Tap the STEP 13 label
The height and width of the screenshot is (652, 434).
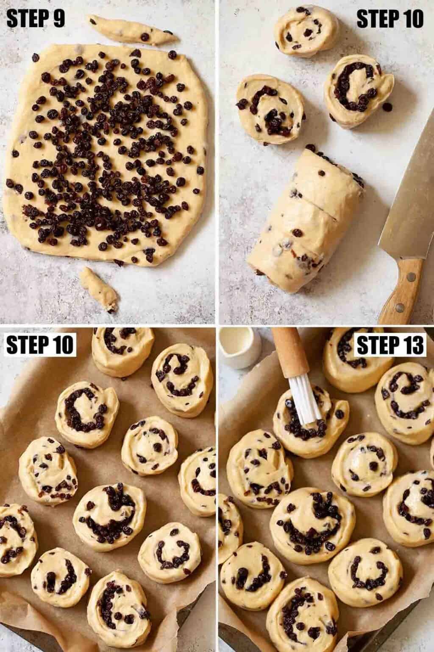click(x=390, y=346)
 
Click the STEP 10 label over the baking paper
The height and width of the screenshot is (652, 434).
click(x=40, y=346)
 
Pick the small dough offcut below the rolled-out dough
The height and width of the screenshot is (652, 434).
click(x=98, y=289)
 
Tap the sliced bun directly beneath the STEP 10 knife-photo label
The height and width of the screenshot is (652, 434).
click(x=359, y=91)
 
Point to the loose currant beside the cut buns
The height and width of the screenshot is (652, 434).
click(x=387, y=107)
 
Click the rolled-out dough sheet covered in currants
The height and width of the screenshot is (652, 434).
click(x=105, y=154)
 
